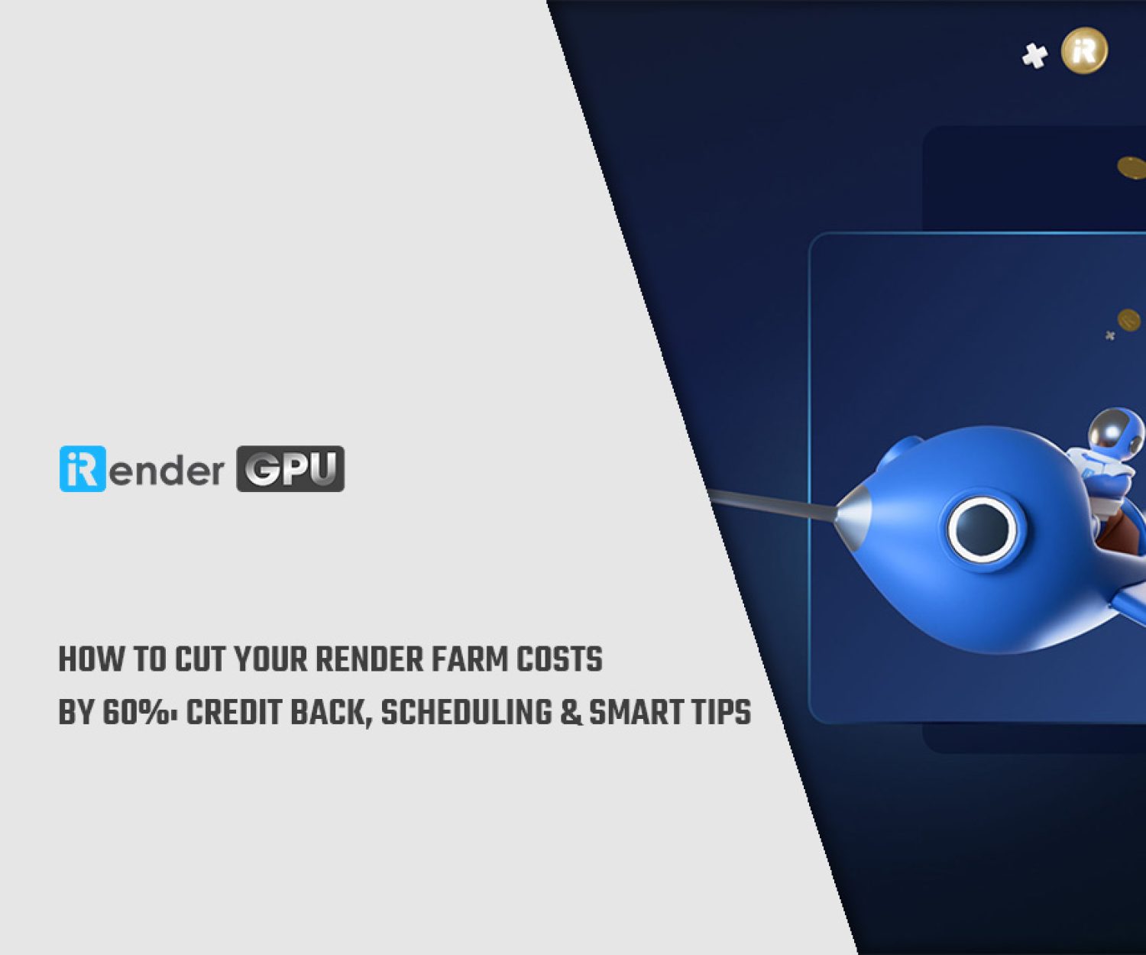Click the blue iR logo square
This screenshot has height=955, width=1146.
pos(83,469)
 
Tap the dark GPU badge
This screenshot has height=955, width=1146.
pos(290,469)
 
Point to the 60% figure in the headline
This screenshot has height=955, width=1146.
pos(136,712)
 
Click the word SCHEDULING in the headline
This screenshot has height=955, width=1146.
pos(467,712)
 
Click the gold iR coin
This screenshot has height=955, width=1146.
pos(1085,50)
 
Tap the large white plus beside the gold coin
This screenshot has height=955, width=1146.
pos(1034,57)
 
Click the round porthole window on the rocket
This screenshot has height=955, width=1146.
pos(982,529)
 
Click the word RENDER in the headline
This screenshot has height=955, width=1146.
pos(369,659)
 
